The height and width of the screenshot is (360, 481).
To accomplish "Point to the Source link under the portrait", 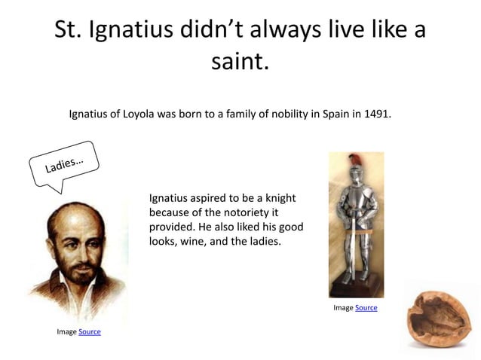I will tap(90, 331).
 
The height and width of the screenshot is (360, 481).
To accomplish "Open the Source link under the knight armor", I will tap(366, 308).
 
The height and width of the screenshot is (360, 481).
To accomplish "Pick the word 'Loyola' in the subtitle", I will tap(136, 114).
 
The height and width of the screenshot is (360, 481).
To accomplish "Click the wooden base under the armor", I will tap(355, 290).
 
